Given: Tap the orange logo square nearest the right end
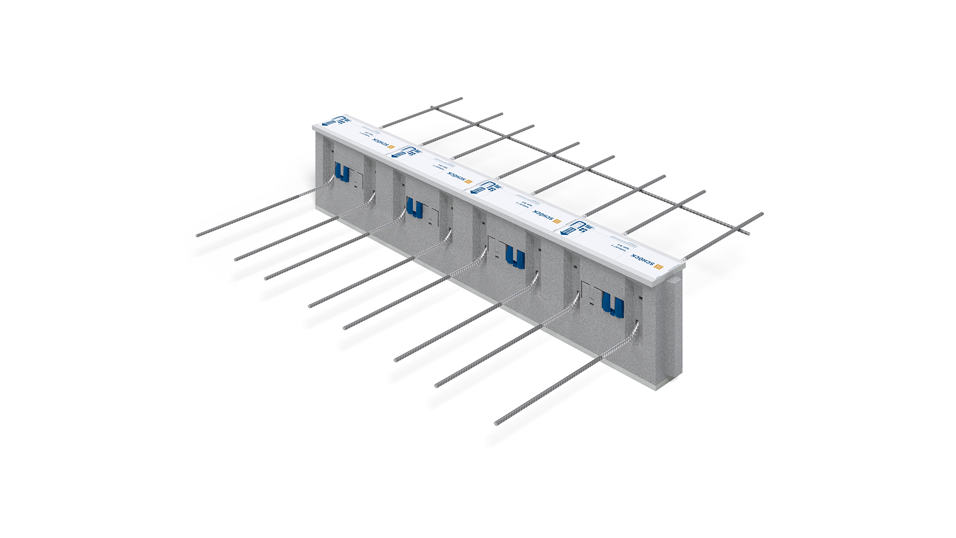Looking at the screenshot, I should point(658,269).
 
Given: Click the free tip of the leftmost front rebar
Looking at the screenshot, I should point(198,235).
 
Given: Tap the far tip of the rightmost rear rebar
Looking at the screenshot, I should point(762,214).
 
